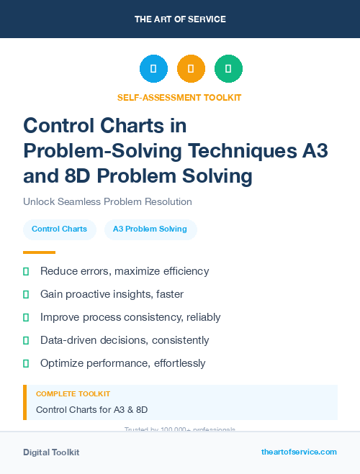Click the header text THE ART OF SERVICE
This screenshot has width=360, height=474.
coord(180,19)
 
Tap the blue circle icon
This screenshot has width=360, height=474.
coord(153,69)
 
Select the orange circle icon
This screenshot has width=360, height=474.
coord(191,69)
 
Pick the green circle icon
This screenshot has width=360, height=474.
coord(228,69)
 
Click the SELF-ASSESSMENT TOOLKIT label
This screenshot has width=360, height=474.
coord(179,97)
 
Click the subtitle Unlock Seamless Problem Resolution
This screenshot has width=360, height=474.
coord(107,201)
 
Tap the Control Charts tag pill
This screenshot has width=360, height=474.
coord(59,229)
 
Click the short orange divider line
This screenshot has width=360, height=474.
coord(39,252)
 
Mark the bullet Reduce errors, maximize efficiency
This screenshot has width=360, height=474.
coord(125,271)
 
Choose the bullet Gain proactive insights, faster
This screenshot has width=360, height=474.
coord(112,294)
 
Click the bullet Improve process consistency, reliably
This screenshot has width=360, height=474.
coord(130,317)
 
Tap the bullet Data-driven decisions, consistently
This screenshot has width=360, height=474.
coord(125,340)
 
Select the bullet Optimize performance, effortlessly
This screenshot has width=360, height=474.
coord(122,363)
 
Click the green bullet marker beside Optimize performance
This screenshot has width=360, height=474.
coord(26,363)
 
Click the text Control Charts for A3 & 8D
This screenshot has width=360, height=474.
coord(91,409)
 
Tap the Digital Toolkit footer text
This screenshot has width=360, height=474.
coord(51,452)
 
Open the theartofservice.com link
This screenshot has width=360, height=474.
coord(299,452)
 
